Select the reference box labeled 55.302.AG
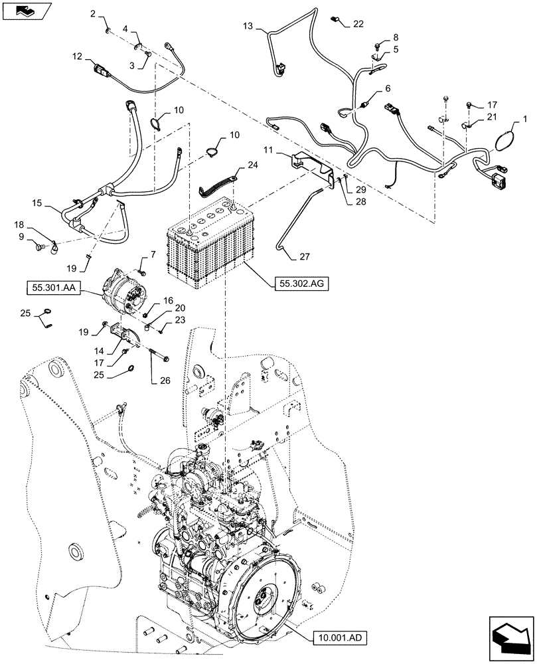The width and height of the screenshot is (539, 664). pyautogui.click(x=301, y=284)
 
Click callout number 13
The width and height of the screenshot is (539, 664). pyautogui.click(x=248, y=26)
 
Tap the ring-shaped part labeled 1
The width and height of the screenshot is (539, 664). pyautogui.click(x=506, y=141)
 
